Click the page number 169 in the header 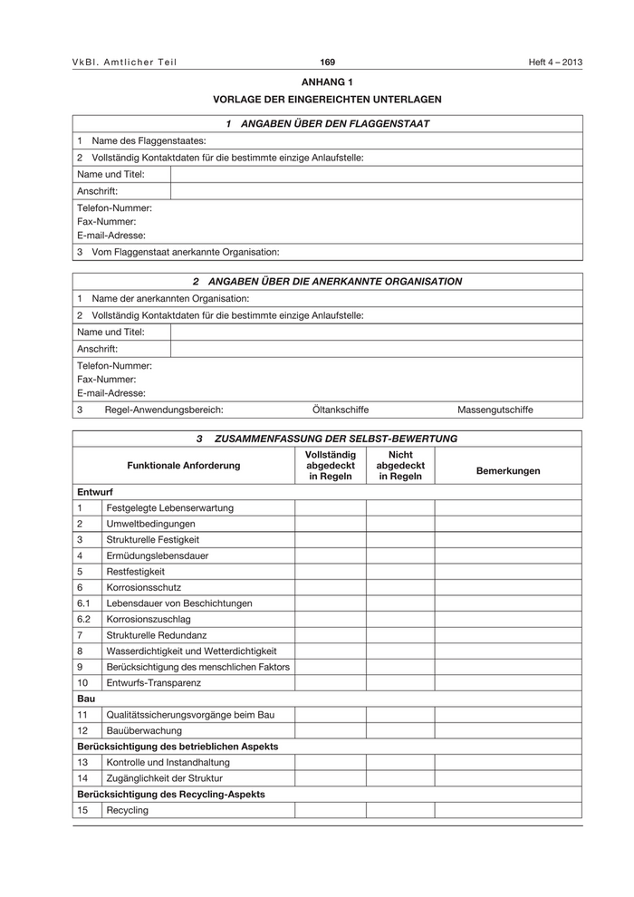(328, 62)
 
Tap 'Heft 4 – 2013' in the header (556, 62)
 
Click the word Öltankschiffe (341, 410)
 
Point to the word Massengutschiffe (495, 410)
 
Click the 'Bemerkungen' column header (508, 470)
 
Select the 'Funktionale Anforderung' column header (184, 465)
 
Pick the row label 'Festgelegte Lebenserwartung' (169, 508)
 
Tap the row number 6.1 (84, 603)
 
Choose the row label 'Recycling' (127, 810)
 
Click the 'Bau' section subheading (86, 699)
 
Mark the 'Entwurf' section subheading (95, 491)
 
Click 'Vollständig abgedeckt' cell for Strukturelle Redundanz (331, 635)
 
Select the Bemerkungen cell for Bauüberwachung (508, 730)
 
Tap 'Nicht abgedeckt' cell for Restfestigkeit (400, 572)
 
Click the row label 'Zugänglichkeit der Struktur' (164, 778)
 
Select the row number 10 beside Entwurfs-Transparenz (83, 682)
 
